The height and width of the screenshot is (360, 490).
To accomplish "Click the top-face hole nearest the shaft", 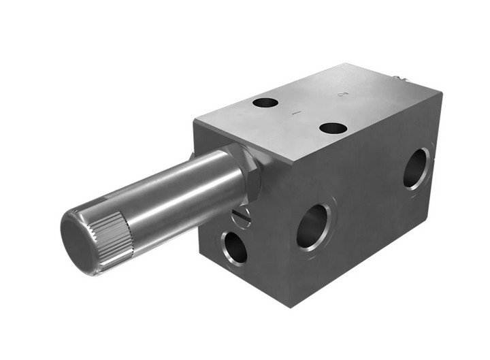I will (x=264, y=103).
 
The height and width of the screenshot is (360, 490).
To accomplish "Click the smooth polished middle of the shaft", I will (x=184, y=191).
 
